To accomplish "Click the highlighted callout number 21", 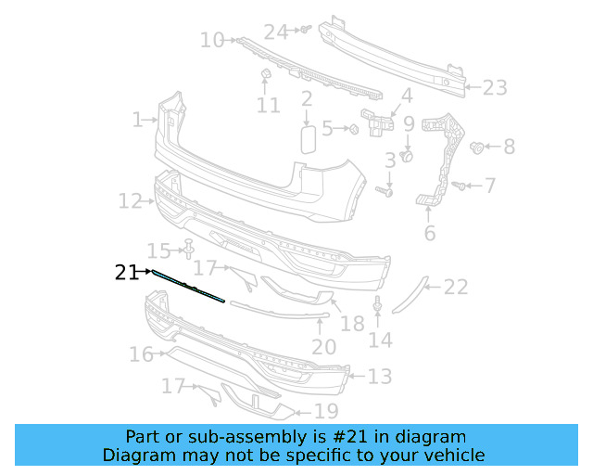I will [x=127, y=272].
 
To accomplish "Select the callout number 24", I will [x=276, y=32].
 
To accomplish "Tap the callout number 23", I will [x=495, y=87].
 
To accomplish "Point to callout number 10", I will [x=212, y=39].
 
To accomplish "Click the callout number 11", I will [x=268, y=106].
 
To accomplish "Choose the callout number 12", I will [x=130, y=199].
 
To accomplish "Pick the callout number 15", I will [x=160, y=250].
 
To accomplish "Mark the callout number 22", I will [x=455, y=288].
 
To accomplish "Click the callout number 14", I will [x=380, y=340].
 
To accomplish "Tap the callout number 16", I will [x=141, y=353].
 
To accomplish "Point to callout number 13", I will [x=380, y=377].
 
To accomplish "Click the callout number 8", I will [x=509, y=147].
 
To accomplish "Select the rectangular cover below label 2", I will [x=308, y=138].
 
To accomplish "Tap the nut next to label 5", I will [x=354, y=129].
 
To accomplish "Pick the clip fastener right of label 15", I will [x=189, y=250].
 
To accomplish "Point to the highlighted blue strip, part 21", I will [x=189, y=286].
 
